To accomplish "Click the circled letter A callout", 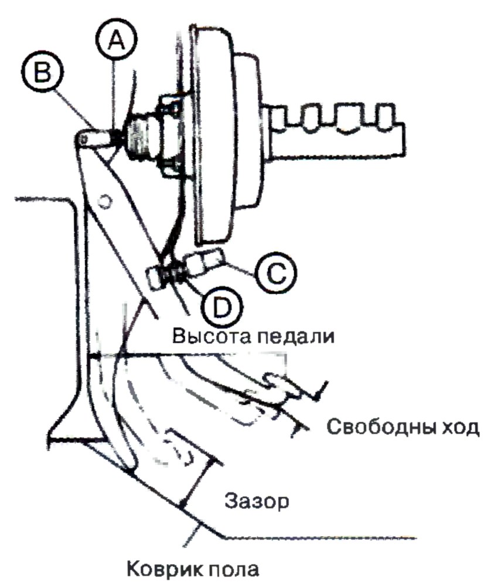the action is [x=116, y=40].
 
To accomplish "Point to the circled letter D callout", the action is [x=221, y=307].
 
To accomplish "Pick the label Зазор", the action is [x=257, y=502].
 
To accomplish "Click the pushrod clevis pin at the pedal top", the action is [x=83, y=139].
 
